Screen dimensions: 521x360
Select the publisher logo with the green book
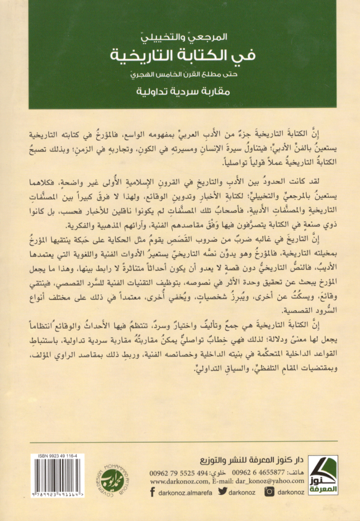[324, 477]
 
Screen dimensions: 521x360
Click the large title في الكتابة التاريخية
[180, 56]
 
